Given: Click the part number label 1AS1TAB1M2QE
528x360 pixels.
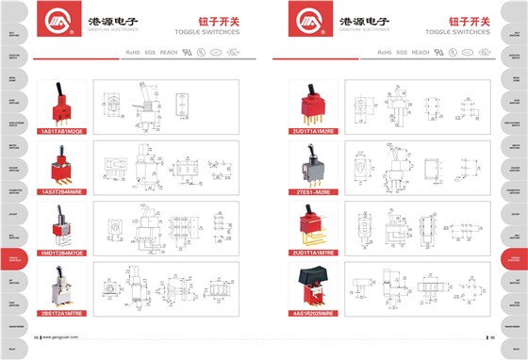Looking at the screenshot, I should point(61,131).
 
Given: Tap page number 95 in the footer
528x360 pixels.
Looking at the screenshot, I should point(37,337).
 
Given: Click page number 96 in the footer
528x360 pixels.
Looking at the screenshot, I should point(491,337).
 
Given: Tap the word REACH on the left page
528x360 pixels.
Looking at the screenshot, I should point(169,52).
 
